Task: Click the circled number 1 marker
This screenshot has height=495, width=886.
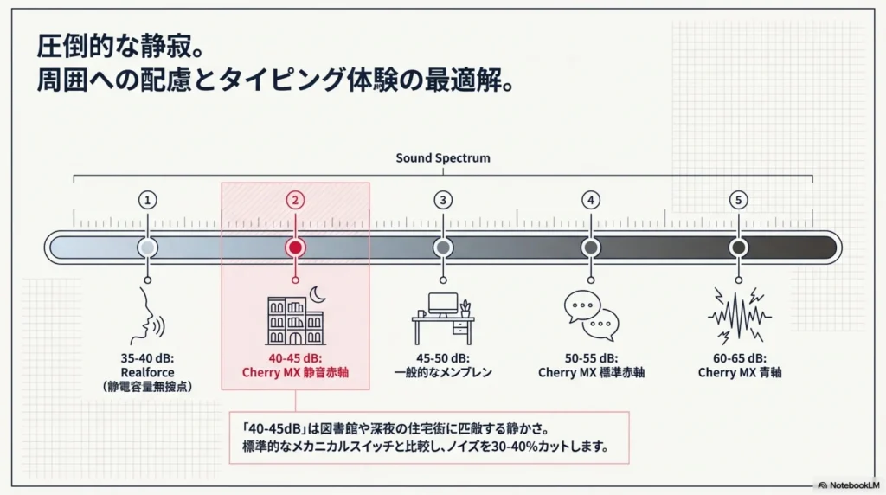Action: (x=148, y=200)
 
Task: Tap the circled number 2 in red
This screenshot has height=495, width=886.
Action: (x=295, y=200)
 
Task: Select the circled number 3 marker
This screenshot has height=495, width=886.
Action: (x=443, y=200)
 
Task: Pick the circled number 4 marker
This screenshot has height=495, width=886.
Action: (x=590, y=200)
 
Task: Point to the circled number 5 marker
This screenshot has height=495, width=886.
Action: (x=738, y=200)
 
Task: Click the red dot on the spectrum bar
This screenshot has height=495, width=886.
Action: (x=295, y=247)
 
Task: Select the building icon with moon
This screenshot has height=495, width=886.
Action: (x=296, y=318)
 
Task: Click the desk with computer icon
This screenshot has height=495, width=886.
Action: (x=443, y=318)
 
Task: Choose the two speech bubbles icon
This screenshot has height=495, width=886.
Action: (x=591, y=316)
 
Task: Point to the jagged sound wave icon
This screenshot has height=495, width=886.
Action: (x=738, y=316)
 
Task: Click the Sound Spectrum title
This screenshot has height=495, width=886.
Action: (x=443, y=158)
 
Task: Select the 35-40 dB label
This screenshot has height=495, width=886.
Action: (x=148, y=358)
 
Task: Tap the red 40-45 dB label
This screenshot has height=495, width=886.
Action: (x=295, y=358)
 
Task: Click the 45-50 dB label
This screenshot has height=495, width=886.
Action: (x=443, y=358)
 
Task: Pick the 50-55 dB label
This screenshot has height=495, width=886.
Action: (x=591, y=358)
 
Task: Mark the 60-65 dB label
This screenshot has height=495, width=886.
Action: (x=738, y=358)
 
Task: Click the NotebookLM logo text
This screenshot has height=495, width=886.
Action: (x=851, y=485)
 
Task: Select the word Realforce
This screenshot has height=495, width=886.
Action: (x=148, y=373)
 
